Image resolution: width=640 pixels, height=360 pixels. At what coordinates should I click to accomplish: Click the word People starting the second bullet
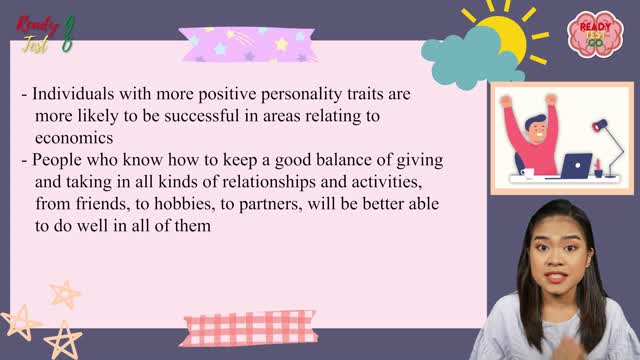pos(56,161)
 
